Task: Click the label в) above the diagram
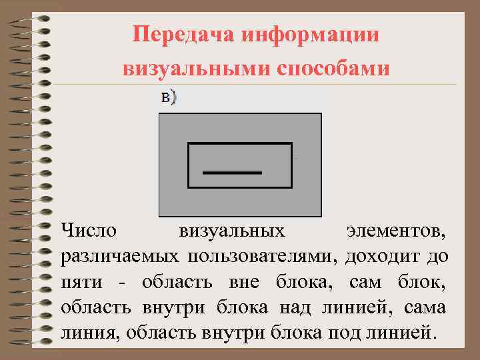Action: (169, 97)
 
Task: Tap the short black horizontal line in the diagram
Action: (232, 172)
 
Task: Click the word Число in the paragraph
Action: (89, 231)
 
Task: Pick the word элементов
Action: (397, 231)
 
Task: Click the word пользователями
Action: (262, 257)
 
